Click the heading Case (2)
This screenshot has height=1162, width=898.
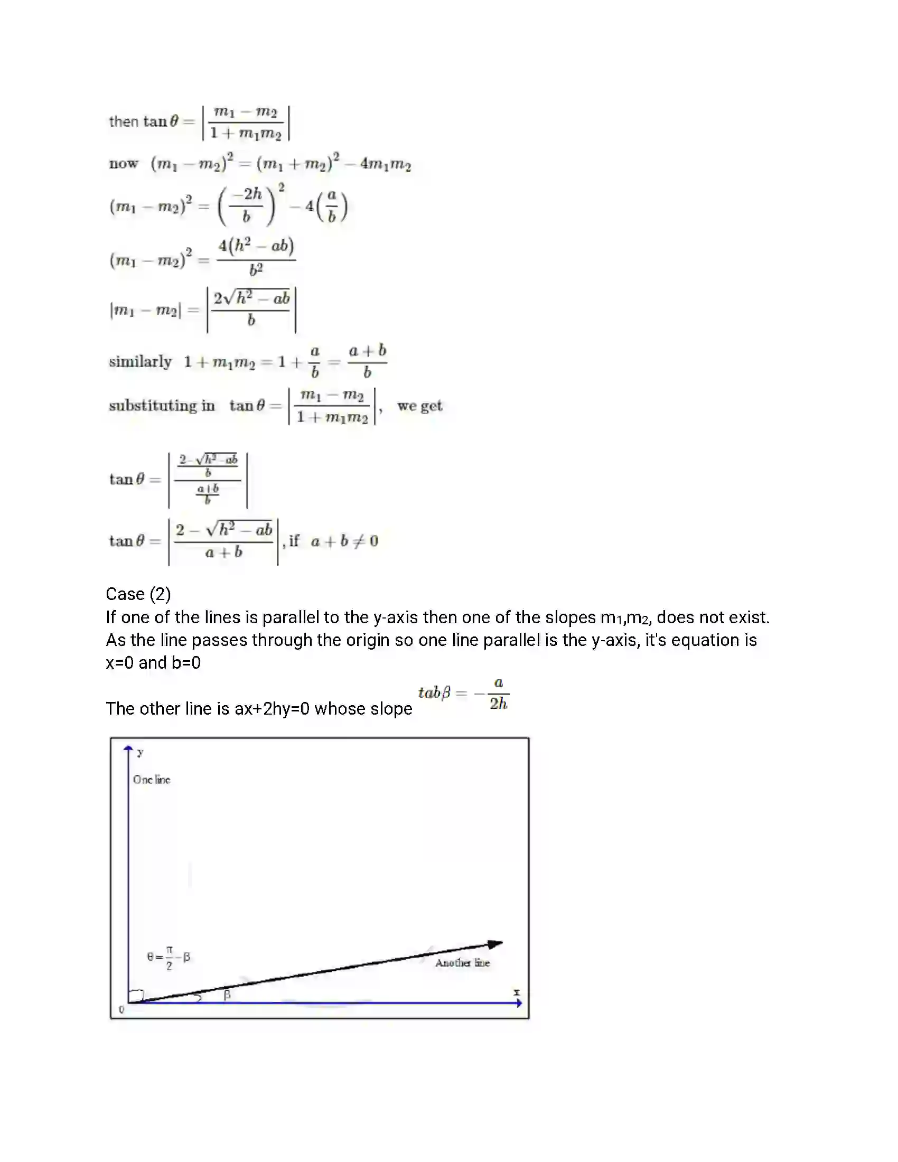pos(138,594)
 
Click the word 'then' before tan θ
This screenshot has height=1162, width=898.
pos(124,121)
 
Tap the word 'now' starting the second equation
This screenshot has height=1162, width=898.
pos(124,163)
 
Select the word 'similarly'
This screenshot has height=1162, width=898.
pos(141,362)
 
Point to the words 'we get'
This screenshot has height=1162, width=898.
pos(420,406)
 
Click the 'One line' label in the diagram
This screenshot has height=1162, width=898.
pos(152,780)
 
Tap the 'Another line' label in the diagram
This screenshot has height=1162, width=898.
pos(462,962)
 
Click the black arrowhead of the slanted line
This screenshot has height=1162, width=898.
pos(495,944)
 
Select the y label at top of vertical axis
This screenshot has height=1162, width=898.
pos(141,752)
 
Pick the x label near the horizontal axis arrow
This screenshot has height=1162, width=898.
pos(516,992)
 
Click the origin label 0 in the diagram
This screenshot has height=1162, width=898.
pos(121,1010)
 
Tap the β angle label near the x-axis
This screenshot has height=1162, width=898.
pos(227,995)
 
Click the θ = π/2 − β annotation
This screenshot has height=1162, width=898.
pos(169,958)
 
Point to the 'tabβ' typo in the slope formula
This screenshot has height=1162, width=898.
pos(434,692)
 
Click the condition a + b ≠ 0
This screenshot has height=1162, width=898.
pos(344,541)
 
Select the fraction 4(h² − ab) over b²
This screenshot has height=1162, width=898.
pos(256,258)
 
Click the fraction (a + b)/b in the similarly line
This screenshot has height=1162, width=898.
pos(367,361)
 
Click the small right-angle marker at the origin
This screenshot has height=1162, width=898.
pos(137,995)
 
